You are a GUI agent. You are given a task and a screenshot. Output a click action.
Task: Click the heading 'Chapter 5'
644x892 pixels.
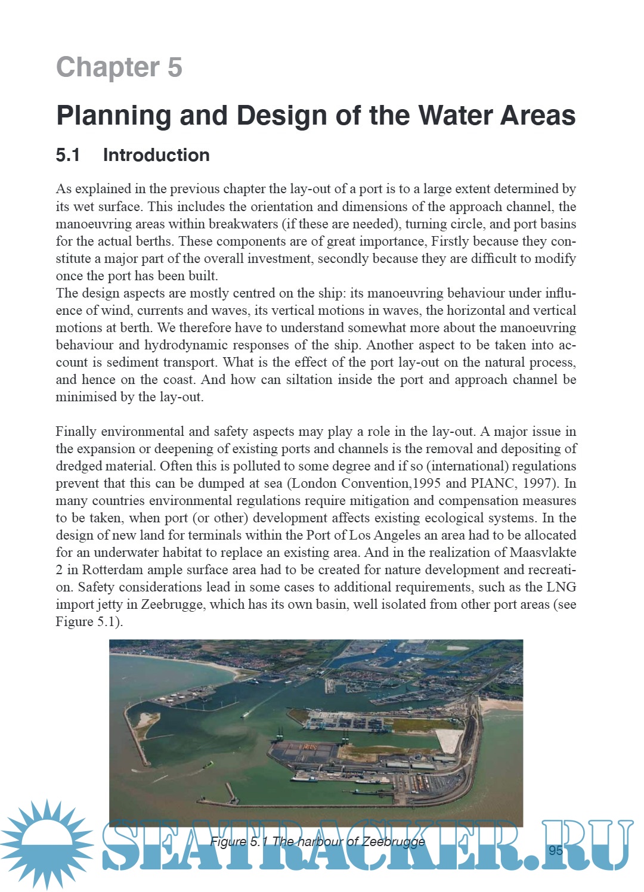[119, 67]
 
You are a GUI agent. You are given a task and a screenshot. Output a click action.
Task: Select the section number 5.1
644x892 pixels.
[67, 155]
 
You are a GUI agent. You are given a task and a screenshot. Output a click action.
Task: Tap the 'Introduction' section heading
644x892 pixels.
[156, 155]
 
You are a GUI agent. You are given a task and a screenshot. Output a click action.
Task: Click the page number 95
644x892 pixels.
[555, 850]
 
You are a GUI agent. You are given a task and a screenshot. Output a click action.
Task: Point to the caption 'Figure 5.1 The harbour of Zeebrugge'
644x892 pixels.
[317, 841]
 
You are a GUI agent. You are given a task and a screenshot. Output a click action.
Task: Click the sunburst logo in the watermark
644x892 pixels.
[46, 844]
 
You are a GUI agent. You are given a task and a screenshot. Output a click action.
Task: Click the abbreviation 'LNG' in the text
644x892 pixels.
[561, 587]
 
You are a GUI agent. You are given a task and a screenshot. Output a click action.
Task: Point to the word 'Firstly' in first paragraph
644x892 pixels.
[453, 241]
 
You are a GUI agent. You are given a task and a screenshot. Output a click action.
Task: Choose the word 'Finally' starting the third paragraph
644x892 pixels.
[76, 431]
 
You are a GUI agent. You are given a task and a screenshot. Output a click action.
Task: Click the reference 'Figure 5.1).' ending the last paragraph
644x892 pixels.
[89, 621]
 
